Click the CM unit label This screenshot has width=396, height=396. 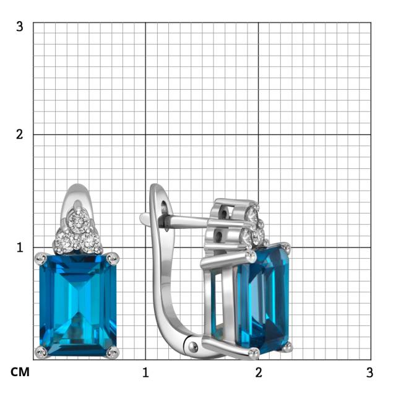coord(20,372)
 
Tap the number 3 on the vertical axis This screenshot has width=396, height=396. coord(19,27)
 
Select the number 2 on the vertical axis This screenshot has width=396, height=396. coord(19,134)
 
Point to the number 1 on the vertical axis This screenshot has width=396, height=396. coord(20,247)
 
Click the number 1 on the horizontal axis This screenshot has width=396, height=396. coord(145,372)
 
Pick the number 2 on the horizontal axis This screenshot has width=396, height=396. coord(259,372)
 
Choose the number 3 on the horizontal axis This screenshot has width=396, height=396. coord(370,372)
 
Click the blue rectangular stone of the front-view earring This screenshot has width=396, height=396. coord(78,305)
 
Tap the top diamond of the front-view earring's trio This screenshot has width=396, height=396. coord(79,222)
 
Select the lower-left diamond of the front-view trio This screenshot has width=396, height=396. coord(64,242)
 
